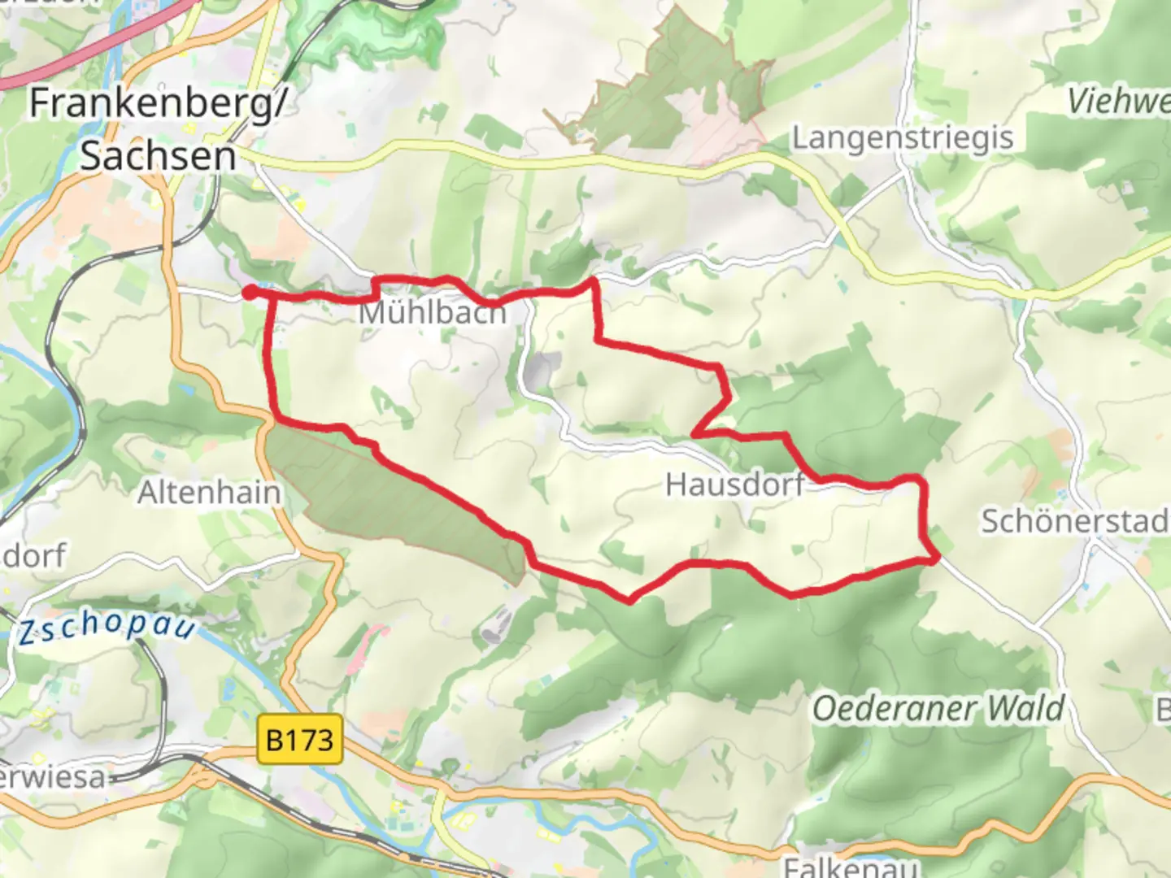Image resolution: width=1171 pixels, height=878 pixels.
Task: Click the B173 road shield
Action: coord(300,740)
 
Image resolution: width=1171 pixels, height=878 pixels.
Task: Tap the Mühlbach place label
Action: coord(433,313)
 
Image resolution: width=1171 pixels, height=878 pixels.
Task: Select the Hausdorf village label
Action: coord(734,485)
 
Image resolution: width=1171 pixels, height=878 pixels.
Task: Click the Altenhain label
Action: coord(209,493)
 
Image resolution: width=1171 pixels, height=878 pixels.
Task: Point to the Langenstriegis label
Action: coord(903,138)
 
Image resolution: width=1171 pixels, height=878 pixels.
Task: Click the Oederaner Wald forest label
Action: coord(938,709)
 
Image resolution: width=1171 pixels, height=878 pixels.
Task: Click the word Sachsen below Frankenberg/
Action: coord(158,156)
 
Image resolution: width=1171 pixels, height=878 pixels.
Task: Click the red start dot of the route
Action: coord(250,293)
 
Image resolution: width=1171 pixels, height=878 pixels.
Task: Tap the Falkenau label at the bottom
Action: coord(851,867)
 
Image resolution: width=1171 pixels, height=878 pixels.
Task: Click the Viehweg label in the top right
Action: coord(1119,101)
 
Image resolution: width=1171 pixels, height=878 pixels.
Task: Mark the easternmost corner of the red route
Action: coord(937,558)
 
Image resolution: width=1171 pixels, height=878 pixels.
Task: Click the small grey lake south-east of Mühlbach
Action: coord(538,371)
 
